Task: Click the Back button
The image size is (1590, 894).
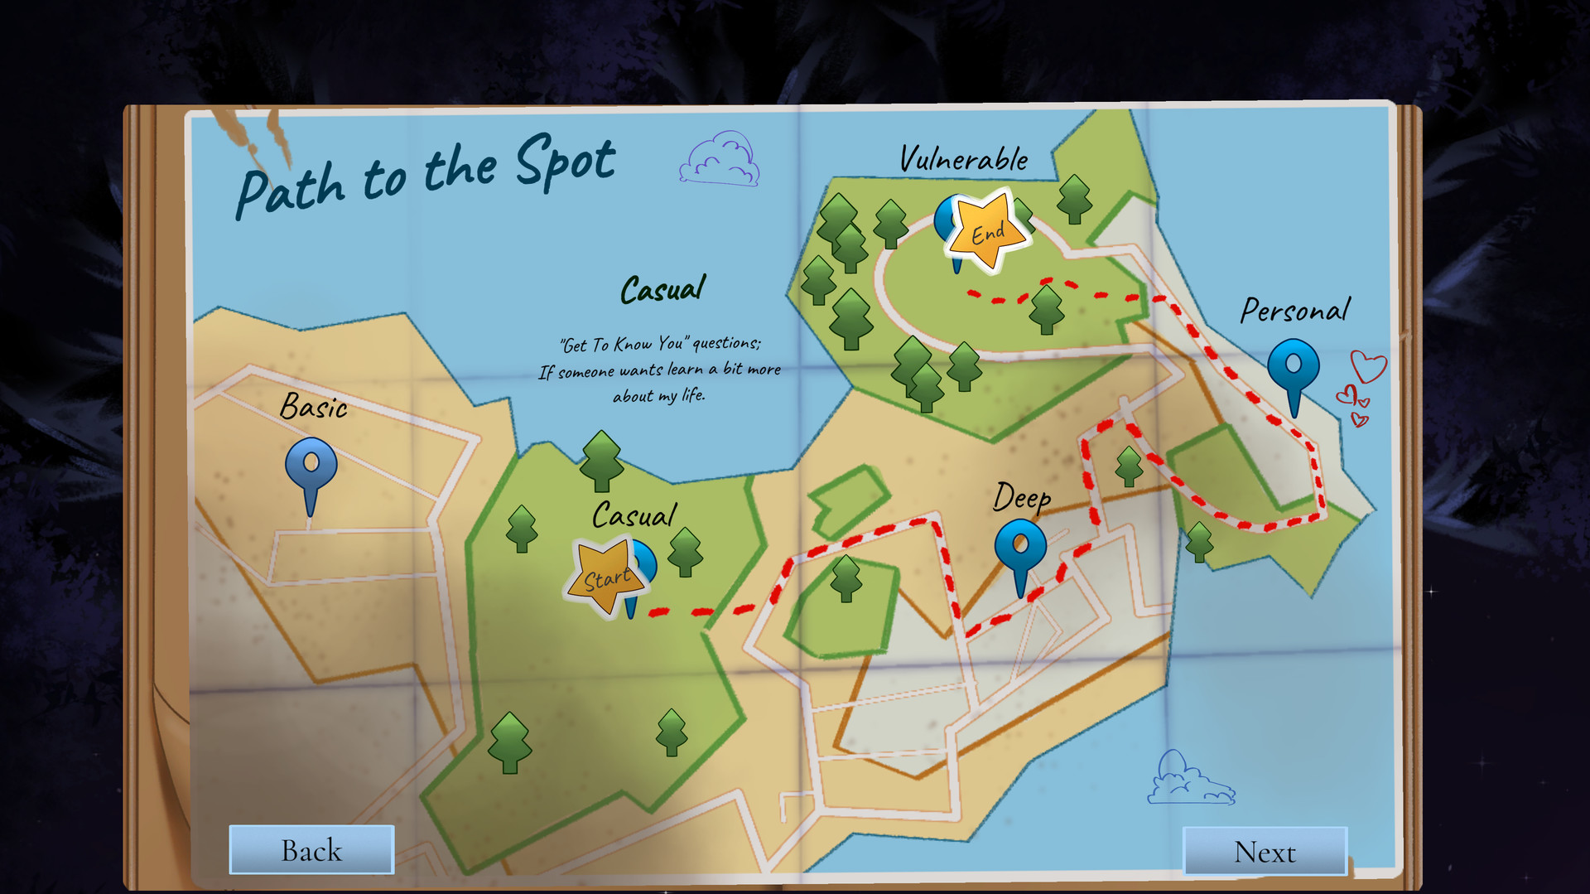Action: click(x=311, y=850)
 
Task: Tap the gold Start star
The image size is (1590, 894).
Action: click(x=605, y=577)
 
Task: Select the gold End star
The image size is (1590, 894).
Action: click(x=988, y=231)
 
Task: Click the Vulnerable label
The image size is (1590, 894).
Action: click(x=964, y=159)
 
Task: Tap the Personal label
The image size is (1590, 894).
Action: click(x=1294, y=310)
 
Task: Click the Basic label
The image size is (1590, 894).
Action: click(x=314, y=407)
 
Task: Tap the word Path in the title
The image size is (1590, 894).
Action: click(x=290, y=189)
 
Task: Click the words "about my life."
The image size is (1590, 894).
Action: click(x=659, y=396)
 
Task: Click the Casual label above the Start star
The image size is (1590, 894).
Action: click(x=634, y=515)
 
